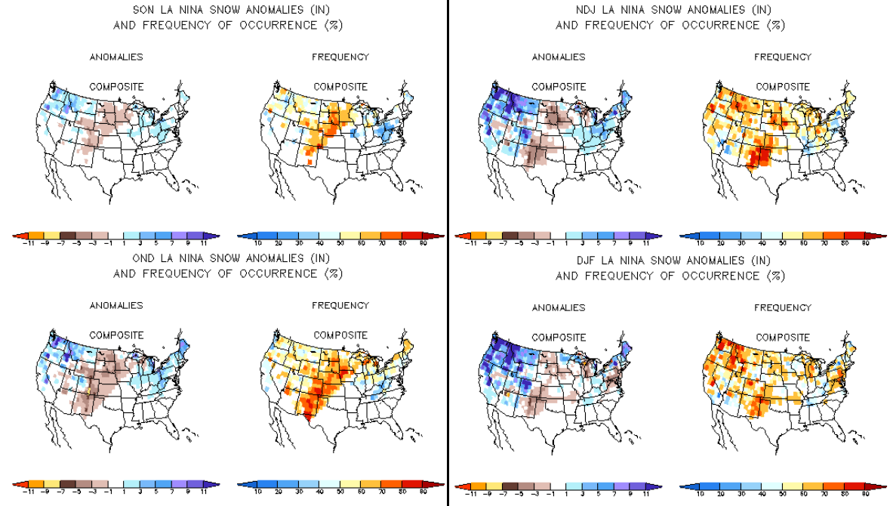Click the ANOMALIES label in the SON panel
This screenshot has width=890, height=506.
point(116,57)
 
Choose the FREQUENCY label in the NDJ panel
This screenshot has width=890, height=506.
point(782,57)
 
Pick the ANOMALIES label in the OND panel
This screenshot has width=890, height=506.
point(116,306)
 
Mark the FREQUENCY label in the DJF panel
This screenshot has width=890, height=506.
point(782,307)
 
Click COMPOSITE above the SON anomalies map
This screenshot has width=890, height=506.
point(116,87)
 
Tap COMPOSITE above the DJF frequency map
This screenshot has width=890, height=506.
point(783,337)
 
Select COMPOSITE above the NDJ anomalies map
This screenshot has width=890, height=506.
point(559,87)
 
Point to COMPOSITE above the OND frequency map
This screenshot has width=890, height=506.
point(340,335)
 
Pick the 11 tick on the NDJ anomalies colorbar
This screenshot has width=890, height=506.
point(646,244)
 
